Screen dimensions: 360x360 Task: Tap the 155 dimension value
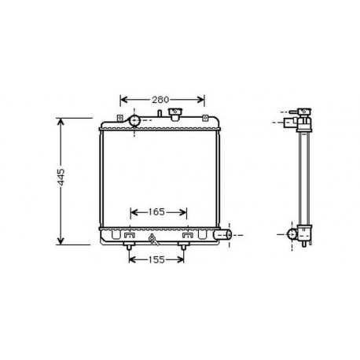[156, 259]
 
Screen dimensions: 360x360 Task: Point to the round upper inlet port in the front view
[134, 121]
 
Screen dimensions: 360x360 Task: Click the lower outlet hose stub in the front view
[224, 234]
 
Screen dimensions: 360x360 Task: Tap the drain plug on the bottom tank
[151, 239]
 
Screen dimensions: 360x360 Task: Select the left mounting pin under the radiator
[128, 248]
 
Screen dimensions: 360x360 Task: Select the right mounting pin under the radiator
[185, 248]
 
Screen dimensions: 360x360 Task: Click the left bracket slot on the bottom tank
[128, 234]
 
